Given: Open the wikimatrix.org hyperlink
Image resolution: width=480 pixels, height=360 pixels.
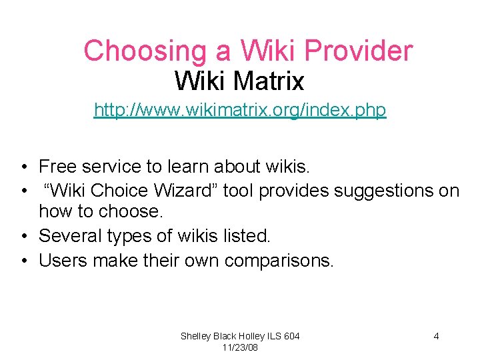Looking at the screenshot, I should point(240,109).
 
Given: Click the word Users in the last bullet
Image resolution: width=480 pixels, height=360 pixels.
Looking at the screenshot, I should point(63,260).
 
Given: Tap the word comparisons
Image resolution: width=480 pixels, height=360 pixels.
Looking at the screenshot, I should point(279,260).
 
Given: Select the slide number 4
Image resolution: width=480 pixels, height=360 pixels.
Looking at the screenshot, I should point(436,336).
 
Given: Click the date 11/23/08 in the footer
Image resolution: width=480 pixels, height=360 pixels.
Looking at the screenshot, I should point(240,348).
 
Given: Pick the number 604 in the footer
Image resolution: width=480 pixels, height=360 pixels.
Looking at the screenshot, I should point(291,336).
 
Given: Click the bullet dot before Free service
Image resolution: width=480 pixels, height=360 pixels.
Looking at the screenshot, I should point(23,167).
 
